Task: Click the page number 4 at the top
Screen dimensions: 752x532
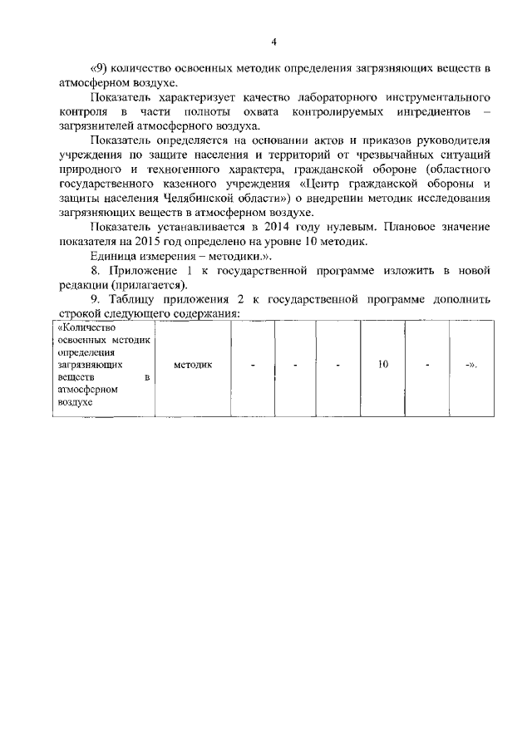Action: tap(273, 42)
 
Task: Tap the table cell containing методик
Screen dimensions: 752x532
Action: tap(194, 365)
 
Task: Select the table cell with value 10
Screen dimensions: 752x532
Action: tap(382, 365)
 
